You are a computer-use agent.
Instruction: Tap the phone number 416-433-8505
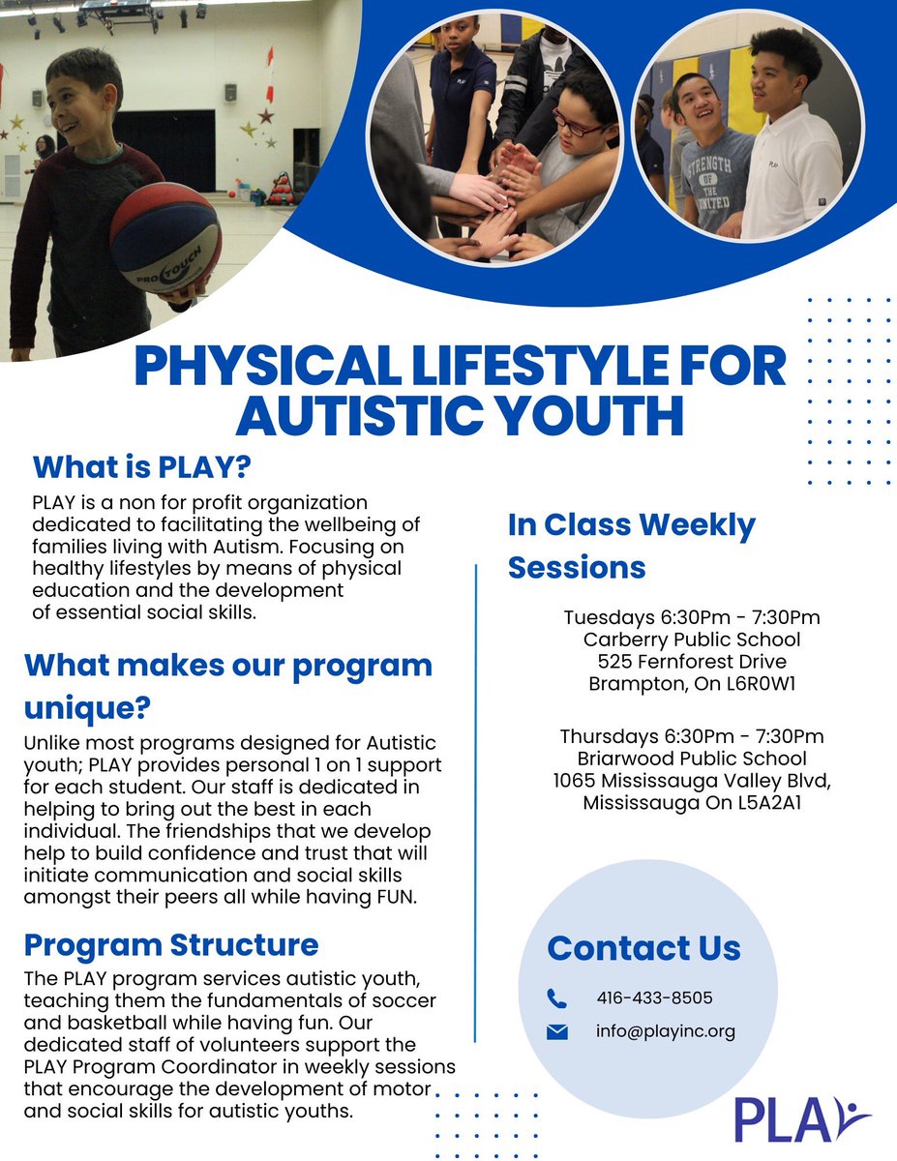[x=655, y=997]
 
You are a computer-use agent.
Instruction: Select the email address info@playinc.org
[x=666, y=1031]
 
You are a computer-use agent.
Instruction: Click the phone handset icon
[x=557, y=997]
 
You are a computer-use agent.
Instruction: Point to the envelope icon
[x=557, y=1032]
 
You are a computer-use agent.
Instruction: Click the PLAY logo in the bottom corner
[x=802, y=1119]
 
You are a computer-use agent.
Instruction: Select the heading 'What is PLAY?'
[x=142, y=467]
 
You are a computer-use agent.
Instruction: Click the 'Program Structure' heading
[x=171, y=943]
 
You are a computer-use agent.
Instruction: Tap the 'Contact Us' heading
[x=643, y=948]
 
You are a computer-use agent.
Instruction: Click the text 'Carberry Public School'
[x=692, y=640]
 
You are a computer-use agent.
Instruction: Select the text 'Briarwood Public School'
[x=692, y=759]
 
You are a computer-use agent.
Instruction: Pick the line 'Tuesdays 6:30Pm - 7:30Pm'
[x=692, y=617]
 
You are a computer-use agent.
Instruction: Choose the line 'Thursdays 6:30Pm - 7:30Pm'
[x=692, y=736]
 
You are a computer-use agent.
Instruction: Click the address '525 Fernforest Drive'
[x=692, y=662]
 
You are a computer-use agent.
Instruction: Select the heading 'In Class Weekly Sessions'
[x=632, y=546]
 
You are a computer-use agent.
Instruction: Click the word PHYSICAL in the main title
[x=259, y=366]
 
